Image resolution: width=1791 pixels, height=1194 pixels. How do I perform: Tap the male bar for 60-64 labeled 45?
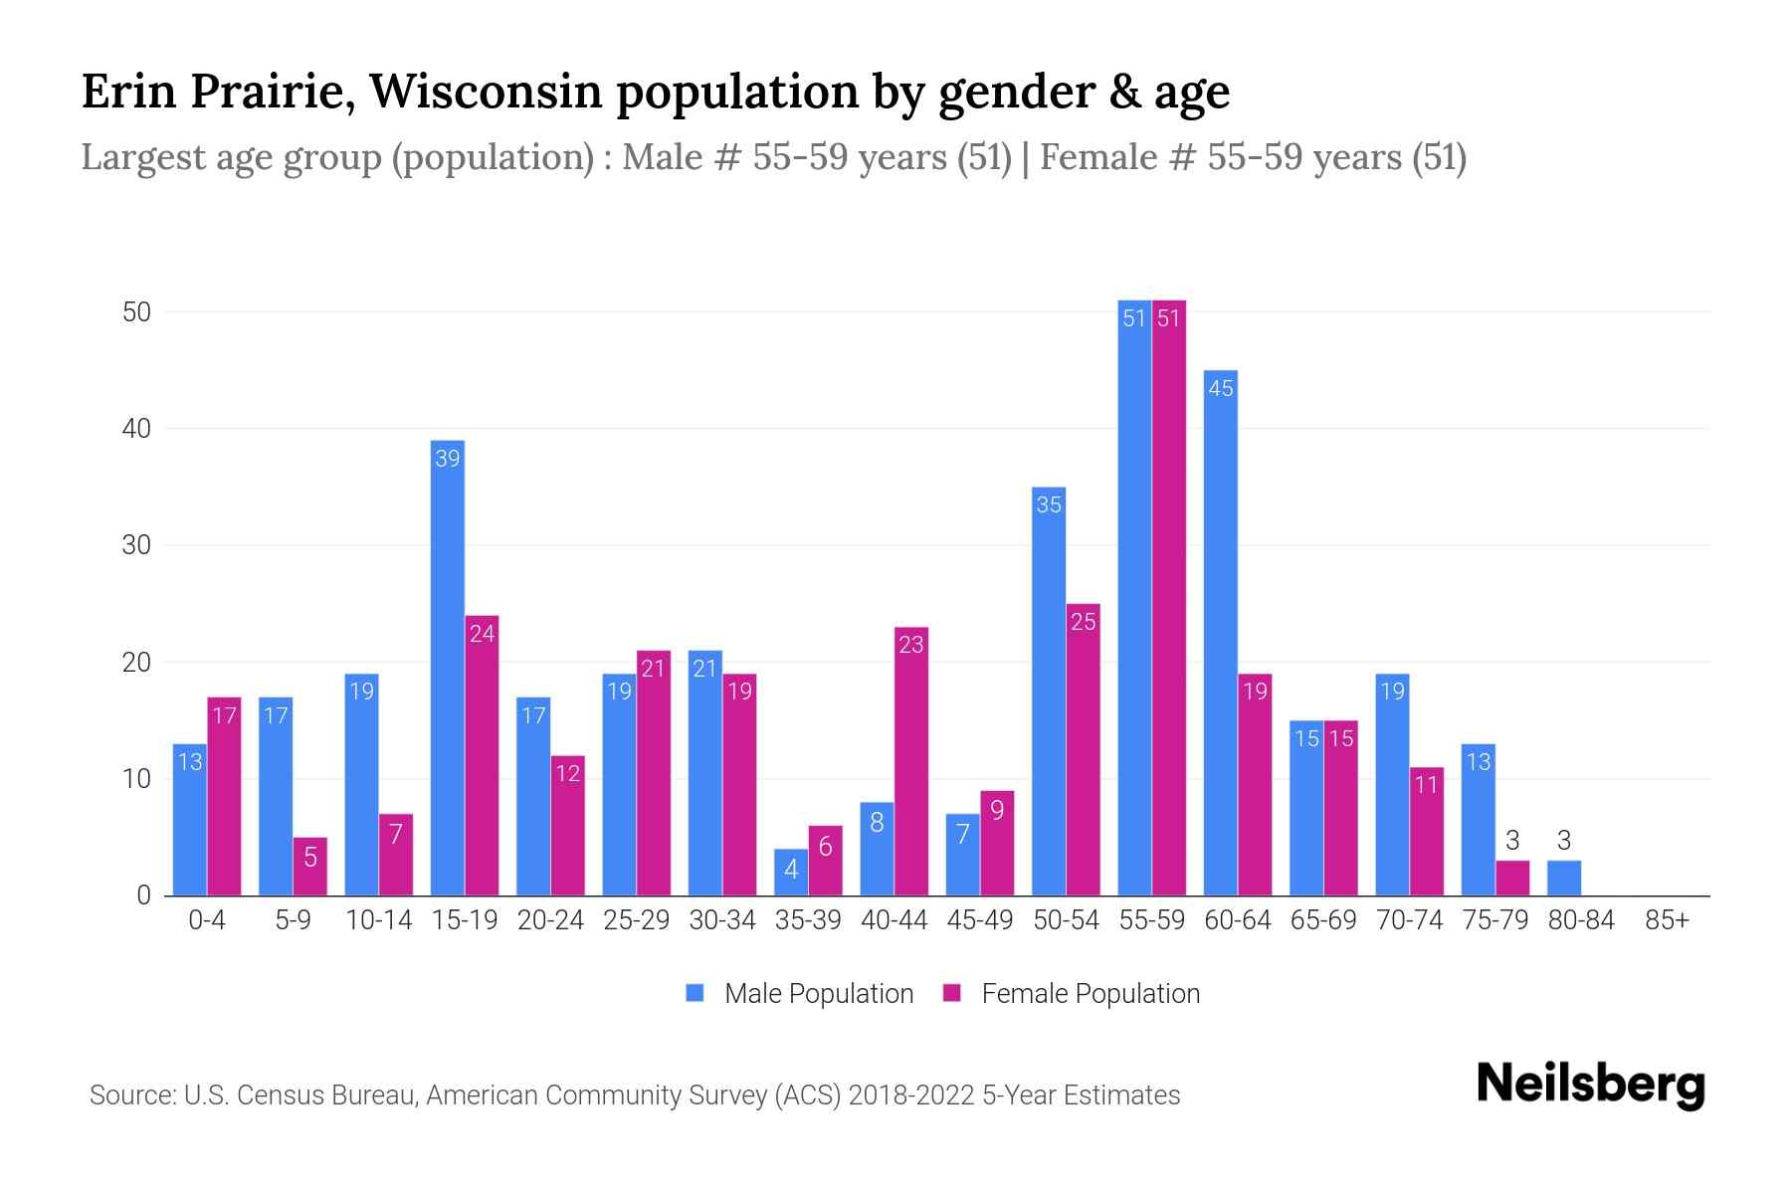point(1220,637)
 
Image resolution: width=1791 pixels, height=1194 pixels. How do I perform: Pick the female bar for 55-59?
point(1169,597)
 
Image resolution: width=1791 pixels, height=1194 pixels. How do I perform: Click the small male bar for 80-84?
point(1563,878)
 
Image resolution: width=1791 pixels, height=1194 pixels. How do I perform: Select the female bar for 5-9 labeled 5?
point(309,867)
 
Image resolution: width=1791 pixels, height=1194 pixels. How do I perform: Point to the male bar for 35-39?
point(791,873)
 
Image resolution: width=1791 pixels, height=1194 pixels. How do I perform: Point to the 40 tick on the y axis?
point(136,429)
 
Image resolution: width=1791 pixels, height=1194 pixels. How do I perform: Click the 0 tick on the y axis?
point(144,895)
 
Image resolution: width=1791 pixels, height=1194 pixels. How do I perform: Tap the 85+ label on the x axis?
point(1667,920)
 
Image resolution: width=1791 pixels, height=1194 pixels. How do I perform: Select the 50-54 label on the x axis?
point(1066,920)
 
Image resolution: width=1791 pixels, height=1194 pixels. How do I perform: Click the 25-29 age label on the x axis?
point(636,920)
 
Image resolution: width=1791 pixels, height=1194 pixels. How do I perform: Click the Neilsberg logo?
point(1590,1085)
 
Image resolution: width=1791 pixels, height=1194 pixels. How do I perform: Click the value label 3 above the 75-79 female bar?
point(1512,841)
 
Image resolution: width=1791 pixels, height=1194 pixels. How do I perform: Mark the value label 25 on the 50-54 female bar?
point(1083,622)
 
